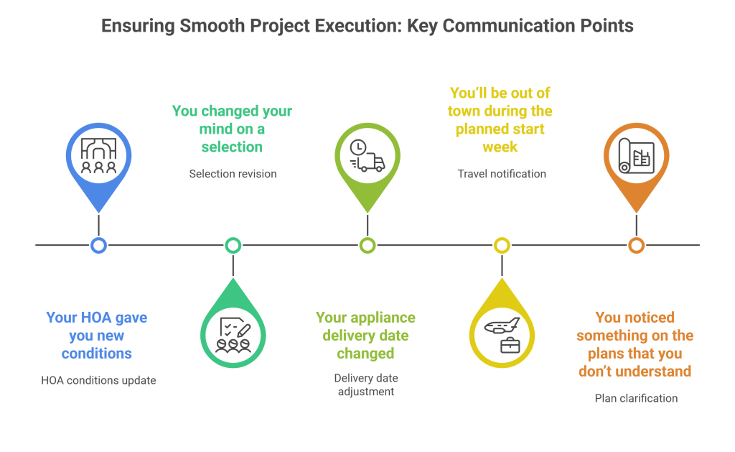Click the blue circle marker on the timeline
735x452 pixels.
pos(99,245)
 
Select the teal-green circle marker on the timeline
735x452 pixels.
pos(233,245)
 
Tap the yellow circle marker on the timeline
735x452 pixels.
pos(502,245)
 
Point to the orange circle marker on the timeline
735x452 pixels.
pos(636,245)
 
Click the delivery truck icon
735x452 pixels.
pos(367,156)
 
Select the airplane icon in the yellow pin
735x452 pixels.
pos(502,326)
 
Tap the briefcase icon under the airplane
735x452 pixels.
pos(510,345)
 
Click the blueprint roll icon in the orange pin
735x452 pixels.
pos(635,156)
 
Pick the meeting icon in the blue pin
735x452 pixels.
pos(99,156)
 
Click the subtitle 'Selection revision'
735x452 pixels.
pos(233,174)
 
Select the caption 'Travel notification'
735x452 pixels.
pos(502,174)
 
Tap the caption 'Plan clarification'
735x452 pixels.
pos(636,398)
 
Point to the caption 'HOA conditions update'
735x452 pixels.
pos(98,380)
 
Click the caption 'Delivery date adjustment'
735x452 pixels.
pos(365,385)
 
